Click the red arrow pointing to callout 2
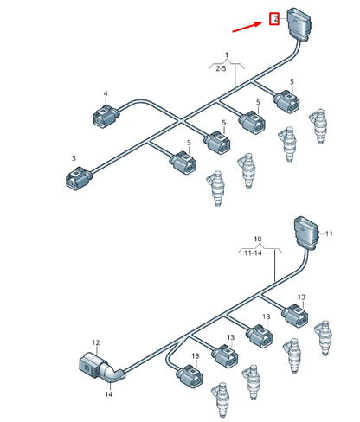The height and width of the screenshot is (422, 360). [247, 27]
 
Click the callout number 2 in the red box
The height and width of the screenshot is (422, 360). [276, 19]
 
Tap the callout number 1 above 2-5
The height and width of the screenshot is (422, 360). [227, 54]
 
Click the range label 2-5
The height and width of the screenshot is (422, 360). [222, 68]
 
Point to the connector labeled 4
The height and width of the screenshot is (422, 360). [105, 117]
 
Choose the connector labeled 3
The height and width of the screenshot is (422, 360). [78, 179]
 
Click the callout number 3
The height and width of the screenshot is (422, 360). [74, 158]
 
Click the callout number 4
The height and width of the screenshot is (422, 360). [106, 93]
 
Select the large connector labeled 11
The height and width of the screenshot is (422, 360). [306, 233]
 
